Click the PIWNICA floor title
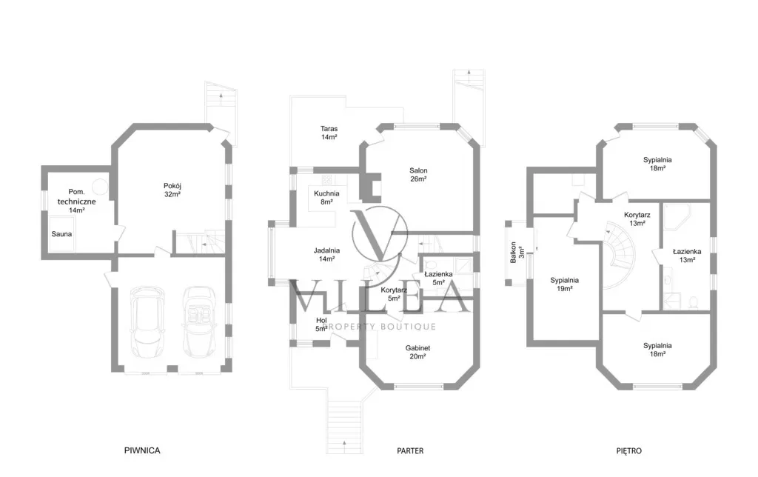[142, 450]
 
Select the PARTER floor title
[410, 451]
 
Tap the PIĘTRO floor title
[629, 451]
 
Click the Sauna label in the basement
[62, 234]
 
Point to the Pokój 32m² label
[172, 190]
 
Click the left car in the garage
[147, 321]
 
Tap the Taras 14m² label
[329, 133]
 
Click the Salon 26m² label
[418, 175]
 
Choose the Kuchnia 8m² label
[326, 197]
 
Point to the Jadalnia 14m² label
[326, 255]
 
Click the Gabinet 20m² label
[417, 352]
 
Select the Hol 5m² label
[321, 324]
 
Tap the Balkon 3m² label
[517, 253]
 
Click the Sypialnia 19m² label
[564, 284]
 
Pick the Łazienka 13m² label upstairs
[687, 256]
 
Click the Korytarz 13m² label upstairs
[637, 219]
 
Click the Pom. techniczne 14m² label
[76, 201]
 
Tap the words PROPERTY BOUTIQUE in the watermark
[379, 327]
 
